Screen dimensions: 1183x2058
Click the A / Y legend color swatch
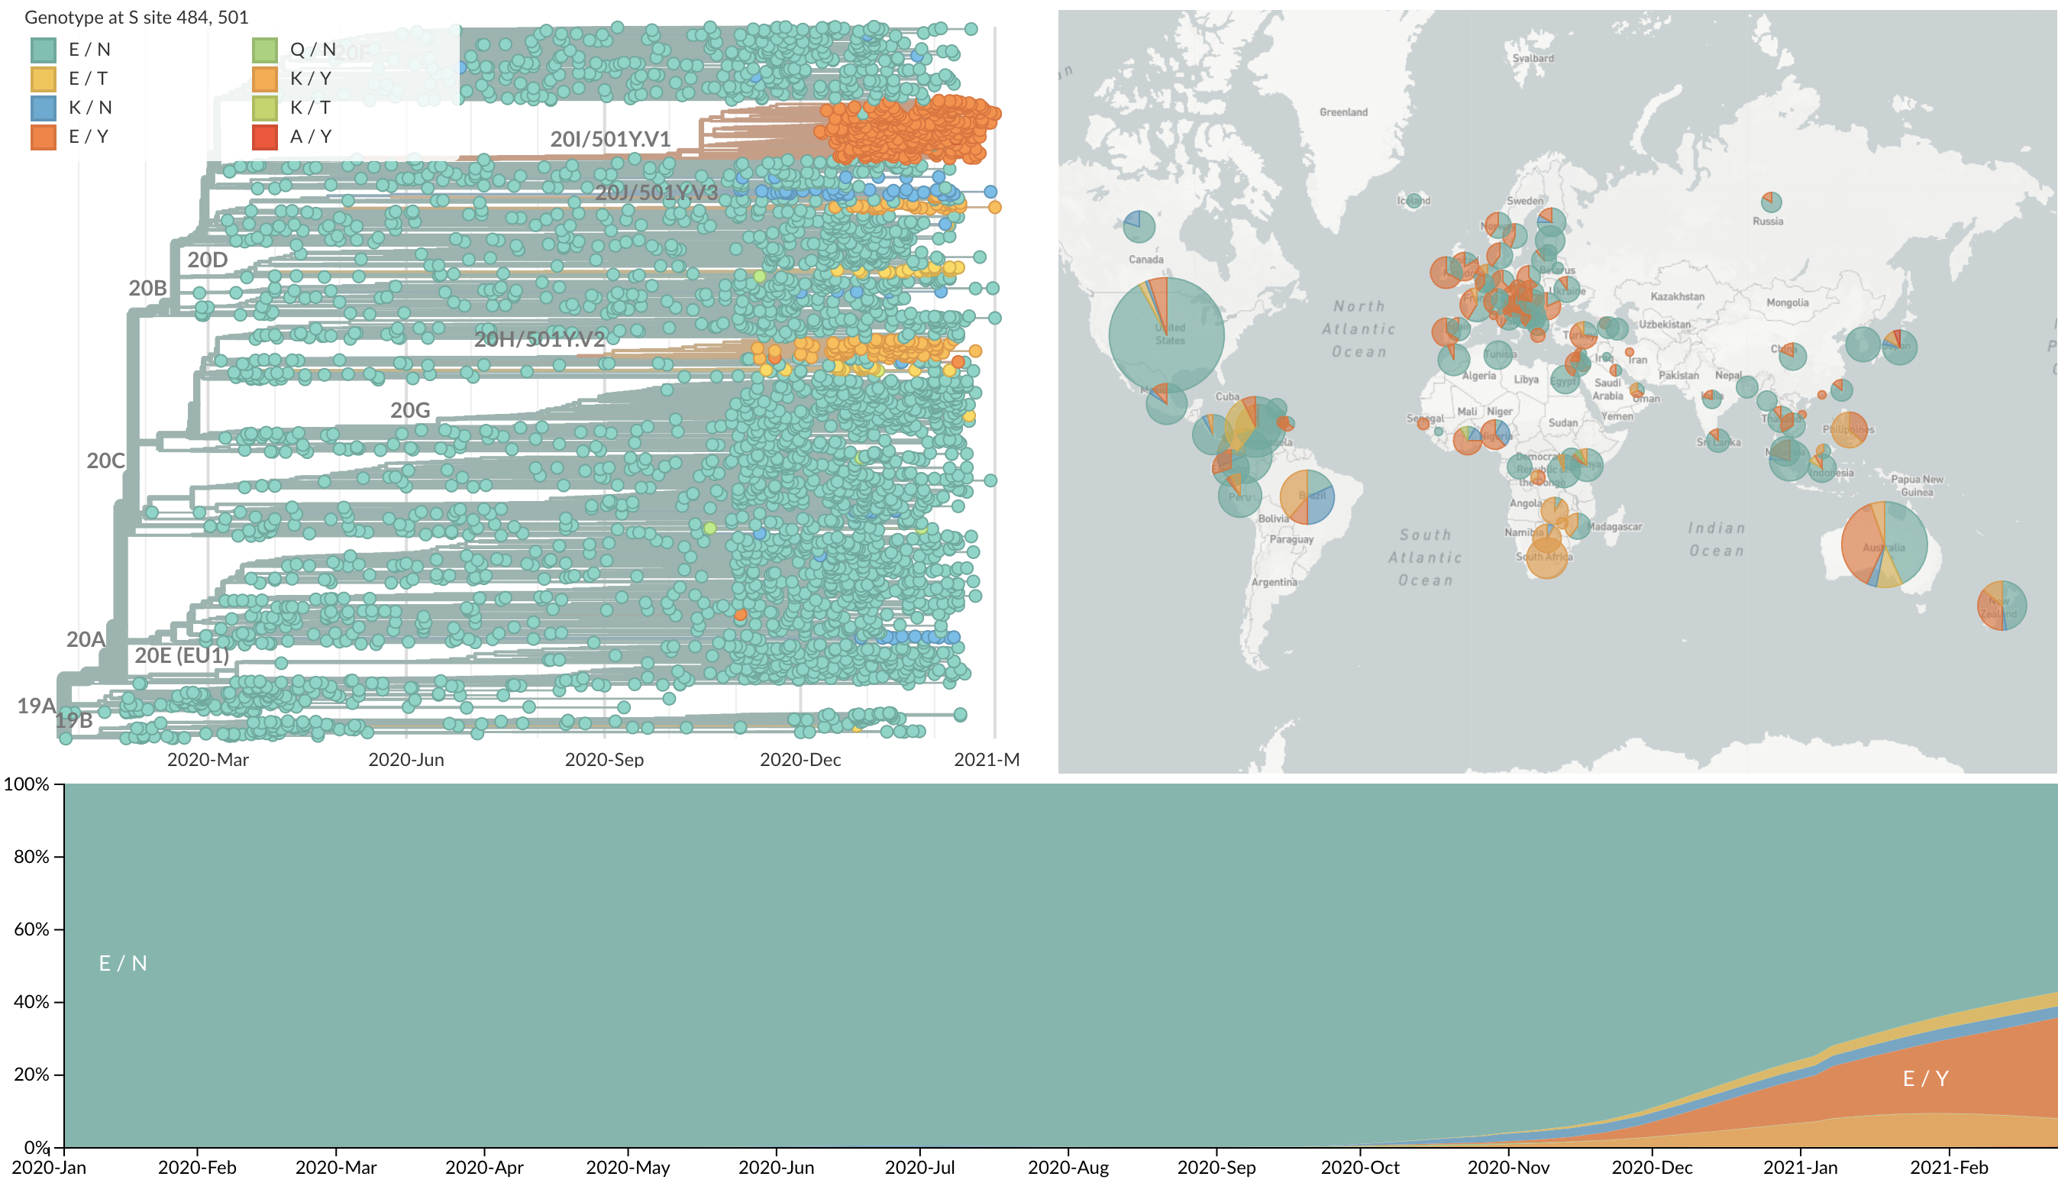click(x=265, y=137)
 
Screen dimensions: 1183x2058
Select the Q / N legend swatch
click(x=265, y=50)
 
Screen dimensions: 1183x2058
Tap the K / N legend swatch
click(x=43, y=108)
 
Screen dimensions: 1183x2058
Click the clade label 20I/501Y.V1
click(x=610, y=140)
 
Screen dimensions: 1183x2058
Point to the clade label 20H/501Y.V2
click(x=539, y=340)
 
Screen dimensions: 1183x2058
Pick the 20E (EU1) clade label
click(x=181, y=655)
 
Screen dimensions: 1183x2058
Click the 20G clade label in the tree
click(x=410, y=410)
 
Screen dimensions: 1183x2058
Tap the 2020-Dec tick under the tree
click(x=800, y=760)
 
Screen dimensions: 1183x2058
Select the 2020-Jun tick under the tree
click(x=406, y=760)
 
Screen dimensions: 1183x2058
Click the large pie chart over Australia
click(x=1884, y=545)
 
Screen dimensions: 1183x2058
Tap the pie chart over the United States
click(x=1166, y=335)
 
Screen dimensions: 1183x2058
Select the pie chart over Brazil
click(x=1307, y=496)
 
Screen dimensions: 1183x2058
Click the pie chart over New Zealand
click(x=2001, y=606)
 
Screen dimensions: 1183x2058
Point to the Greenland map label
click(x=1343, y=112)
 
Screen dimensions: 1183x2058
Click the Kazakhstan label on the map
click(x=1677, y=296)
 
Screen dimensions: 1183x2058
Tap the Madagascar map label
click(x=1614, y=526)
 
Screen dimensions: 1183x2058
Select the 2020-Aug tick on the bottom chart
click(x=1068, y=1168)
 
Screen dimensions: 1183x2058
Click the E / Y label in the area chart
click(x=1926, y=1078)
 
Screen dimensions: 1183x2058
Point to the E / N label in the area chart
click(x=123, y=963)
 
